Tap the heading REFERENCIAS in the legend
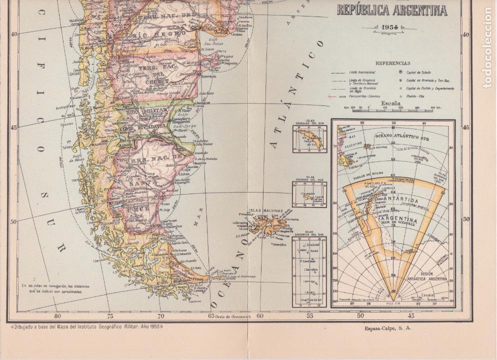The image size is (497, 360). (392, 63)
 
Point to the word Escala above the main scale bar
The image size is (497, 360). (391, 103)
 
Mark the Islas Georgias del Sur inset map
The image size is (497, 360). (309, 135)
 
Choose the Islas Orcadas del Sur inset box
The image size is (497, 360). (309, 193)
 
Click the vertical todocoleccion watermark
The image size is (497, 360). (487, 47)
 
